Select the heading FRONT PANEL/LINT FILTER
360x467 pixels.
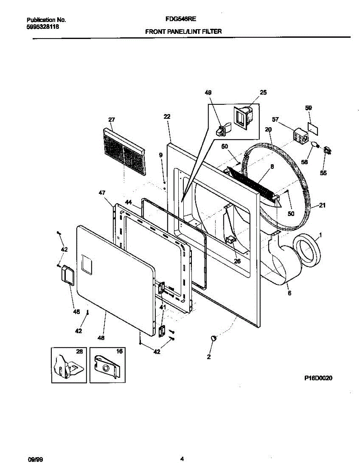[183, 32]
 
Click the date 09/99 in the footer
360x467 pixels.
[35, 459]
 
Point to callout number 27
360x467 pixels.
[111, 120]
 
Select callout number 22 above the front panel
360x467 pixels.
[167, 117]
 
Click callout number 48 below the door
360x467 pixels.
[101, 338]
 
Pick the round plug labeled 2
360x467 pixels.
[213, 339]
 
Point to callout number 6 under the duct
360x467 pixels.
[289, 293]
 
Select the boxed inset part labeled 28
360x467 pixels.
[68, 365]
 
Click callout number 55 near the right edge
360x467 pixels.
[323, 173]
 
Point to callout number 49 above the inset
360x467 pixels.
[208, 93]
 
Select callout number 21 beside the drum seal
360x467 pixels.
[322, 206]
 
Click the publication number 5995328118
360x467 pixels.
[43, 27]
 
